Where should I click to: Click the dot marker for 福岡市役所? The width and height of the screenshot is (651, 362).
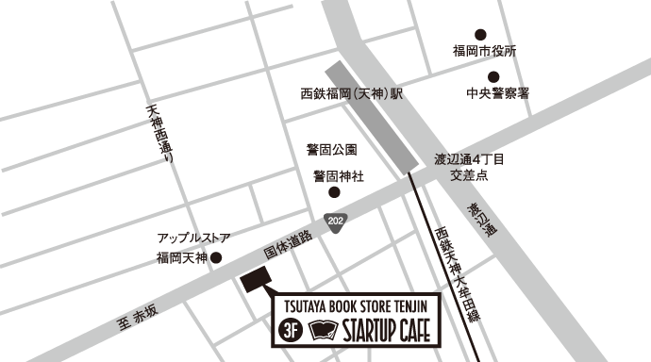[481, 34]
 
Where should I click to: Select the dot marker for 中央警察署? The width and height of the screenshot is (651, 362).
[492, 77]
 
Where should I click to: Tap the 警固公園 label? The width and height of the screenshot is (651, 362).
[331, 150]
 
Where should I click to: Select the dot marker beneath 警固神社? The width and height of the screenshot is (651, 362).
[333, 192]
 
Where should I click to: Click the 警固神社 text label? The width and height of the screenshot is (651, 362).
[339, 176]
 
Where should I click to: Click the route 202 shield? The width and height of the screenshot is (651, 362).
[335, 221]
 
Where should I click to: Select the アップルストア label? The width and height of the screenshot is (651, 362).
[193, 239]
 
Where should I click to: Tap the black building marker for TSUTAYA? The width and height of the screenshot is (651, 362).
[256, 279]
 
